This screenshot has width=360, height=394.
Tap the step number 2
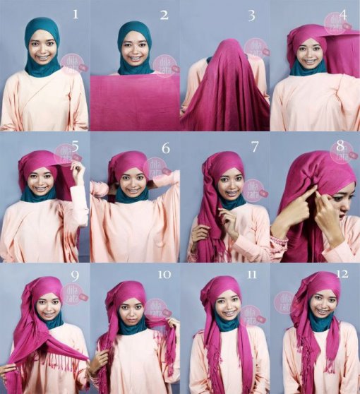pyautogui.click(x=164, y=14)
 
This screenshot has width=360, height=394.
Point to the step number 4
pyautogui.click(x=344, y=14)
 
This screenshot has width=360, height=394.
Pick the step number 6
pyautogui.click(x=166, y=149)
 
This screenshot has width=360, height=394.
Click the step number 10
pyautogui.click(x=164, y=273)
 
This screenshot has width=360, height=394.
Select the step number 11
pyautogui.click(x=253, y=273)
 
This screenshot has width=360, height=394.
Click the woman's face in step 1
pyautogui.click(x=42, y=48)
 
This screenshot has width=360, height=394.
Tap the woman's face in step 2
pyautogui.click(x=135, y=48)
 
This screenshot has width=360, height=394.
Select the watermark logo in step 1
pyautogui.click(x=71, y=63)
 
